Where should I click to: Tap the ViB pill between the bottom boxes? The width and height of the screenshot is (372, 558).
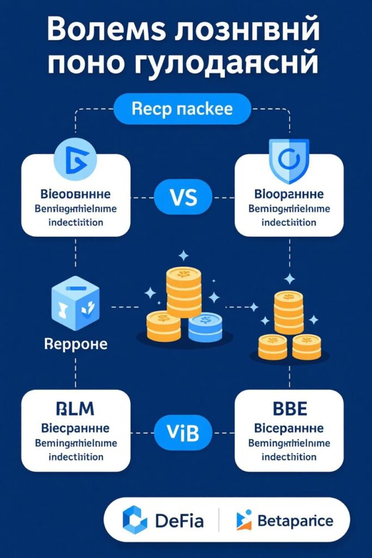pyautogui.click(x=182, y=432)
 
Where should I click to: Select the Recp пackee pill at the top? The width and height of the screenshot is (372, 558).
pyautogui.click(x=182, y=108)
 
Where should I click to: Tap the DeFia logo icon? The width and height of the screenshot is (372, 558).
pyautogui.click(x=135, y=520)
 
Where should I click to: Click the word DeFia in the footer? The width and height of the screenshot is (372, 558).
pyautogui.click(x=179, y=521)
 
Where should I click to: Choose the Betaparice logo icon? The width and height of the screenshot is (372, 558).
pyautogui.click(x=243, y=520)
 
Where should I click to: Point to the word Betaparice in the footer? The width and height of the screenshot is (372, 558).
pyautogui.click(x=294, y=521)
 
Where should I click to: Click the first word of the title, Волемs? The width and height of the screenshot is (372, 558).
pyautogui.click(x=104, y=31)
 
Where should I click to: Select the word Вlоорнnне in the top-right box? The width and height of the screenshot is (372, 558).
pyautogui.click(x=289, y=194)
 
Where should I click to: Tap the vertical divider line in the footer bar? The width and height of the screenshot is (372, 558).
pyautogui.click(x=219, y=520)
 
